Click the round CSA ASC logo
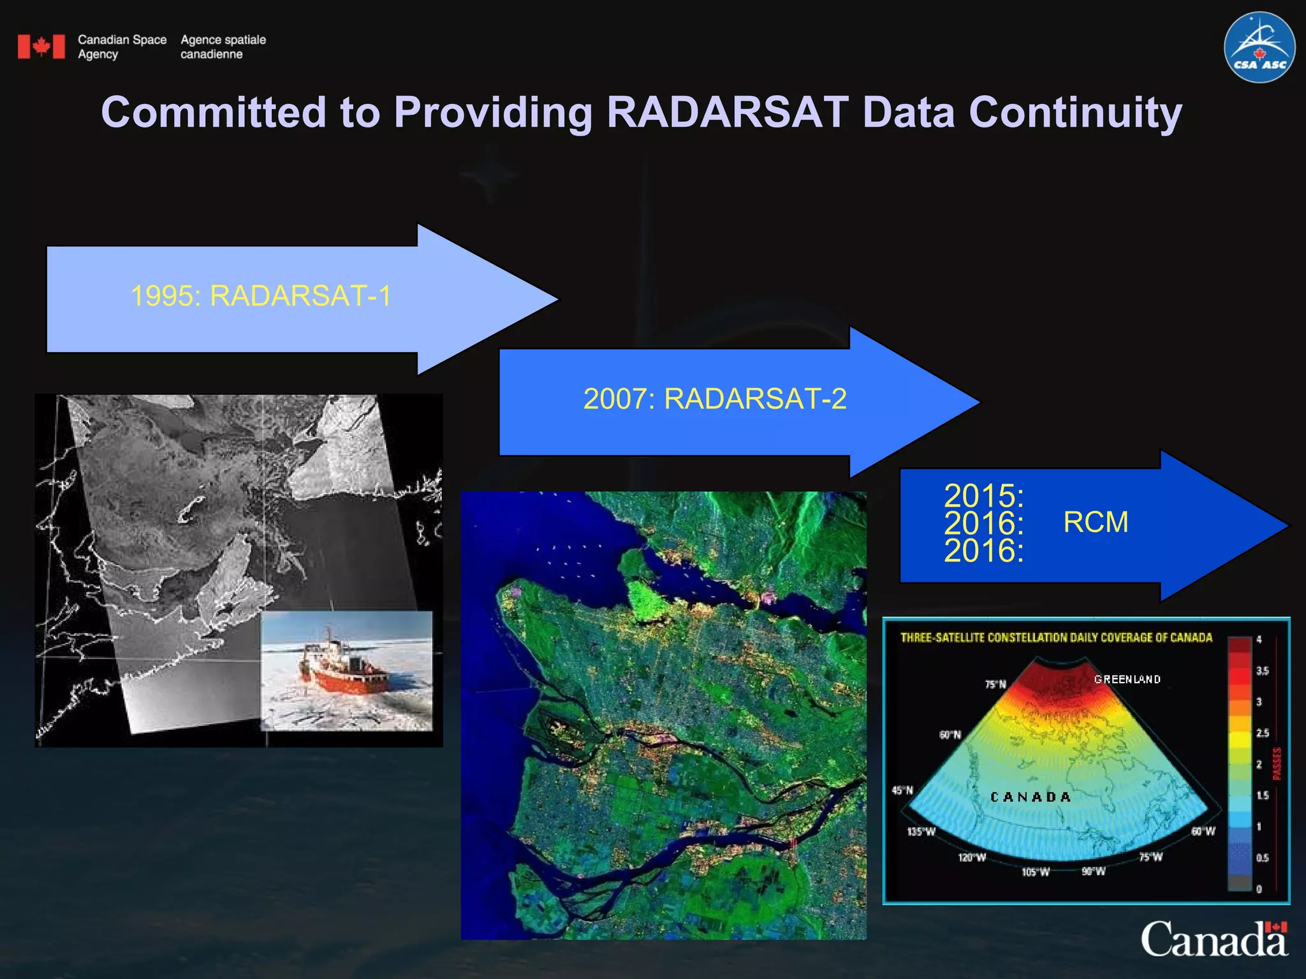pyautogui.click(x=1259, y=47)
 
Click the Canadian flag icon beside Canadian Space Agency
pyautogui.click(x=41, y=47)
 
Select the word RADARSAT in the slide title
pyautogui.click(x=727, y=112)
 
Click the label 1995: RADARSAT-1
pyautogui.click(x=261, y=296)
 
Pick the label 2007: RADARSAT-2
pyautogui.click(x=715, y=399)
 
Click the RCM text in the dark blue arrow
pyautogui.click(x=1096, y=522)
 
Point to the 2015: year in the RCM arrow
pyautogui.click(x=983, y=495)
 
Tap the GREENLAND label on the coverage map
pyautogui.click(x=1127, y=679)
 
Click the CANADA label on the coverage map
pyautogui.click(x=1030, y=797)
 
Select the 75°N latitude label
pyautogui.click(x=995, y=685)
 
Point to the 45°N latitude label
pyautogui.click(x=902, y=790)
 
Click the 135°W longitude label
pyautogui.click(x=921, y=832)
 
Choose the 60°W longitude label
pyautogui.click(x=1203, y=831)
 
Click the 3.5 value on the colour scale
pyautogui.click(x=1262, y=671)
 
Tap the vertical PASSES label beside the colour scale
pyautogui.click(x=1277, y=764)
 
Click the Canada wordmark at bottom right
pyautogui.click(x=1214, y=938)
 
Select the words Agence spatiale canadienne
pyautogui.click(x=223, y=47)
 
